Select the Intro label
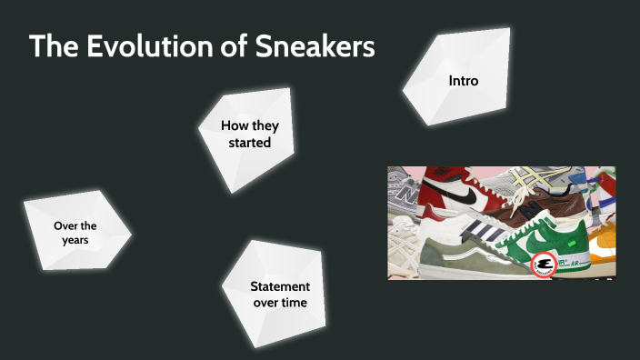pos(463,81)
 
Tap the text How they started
pos(247,133)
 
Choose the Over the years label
pos(75,233)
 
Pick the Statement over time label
pos(279,294)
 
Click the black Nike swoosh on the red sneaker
pos(462,192)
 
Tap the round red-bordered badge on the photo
pos(544,265)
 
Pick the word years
pos(75,240)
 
